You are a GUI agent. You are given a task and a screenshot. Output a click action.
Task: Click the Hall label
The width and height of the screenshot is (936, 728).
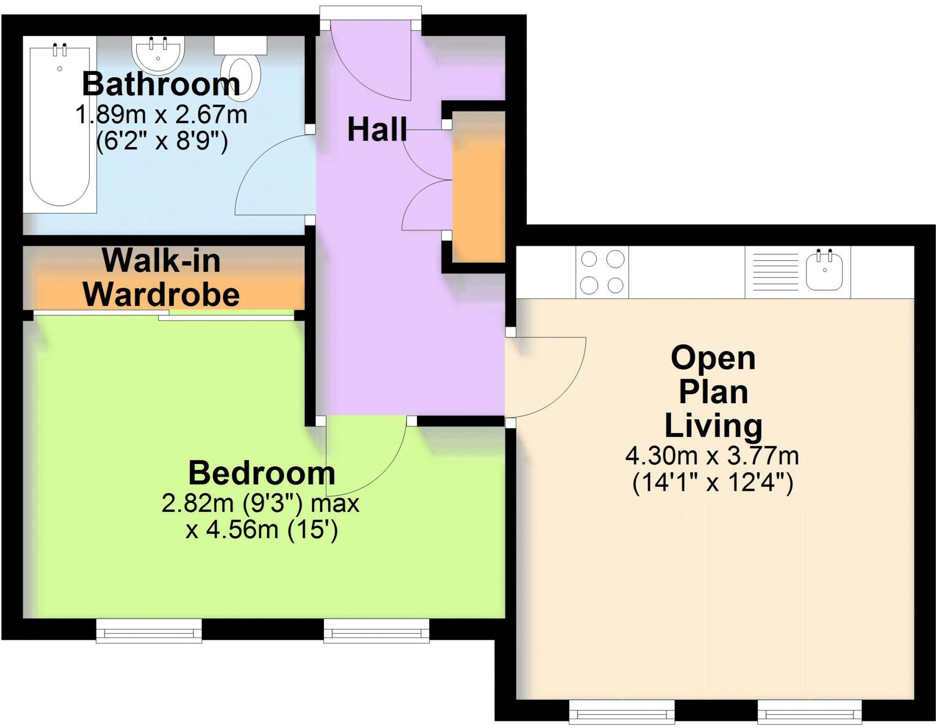[x=377, y=130]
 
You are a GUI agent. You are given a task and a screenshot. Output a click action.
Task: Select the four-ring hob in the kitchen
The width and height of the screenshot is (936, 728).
[x=602, y=272]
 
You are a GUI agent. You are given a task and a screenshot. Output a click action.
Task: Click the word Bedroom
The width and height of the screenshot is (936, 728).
[x=261, y=473]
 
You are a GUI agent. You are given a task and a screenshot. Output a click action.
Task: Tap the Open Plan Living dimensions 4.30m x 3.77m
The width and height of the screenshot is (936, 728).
[x=712, y=456]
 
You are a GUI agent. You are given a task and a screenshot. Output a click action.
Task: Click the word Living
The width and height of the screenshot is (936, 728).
[x=713, y=426]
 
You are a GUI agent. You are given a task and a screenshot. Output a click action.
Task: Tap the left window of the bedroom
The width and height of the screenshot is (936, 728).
[x=149, y=632]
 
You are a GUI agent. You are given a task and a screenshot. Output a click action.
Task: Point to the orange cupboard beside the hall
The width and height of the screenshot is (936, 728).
[x=478, y=187]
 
